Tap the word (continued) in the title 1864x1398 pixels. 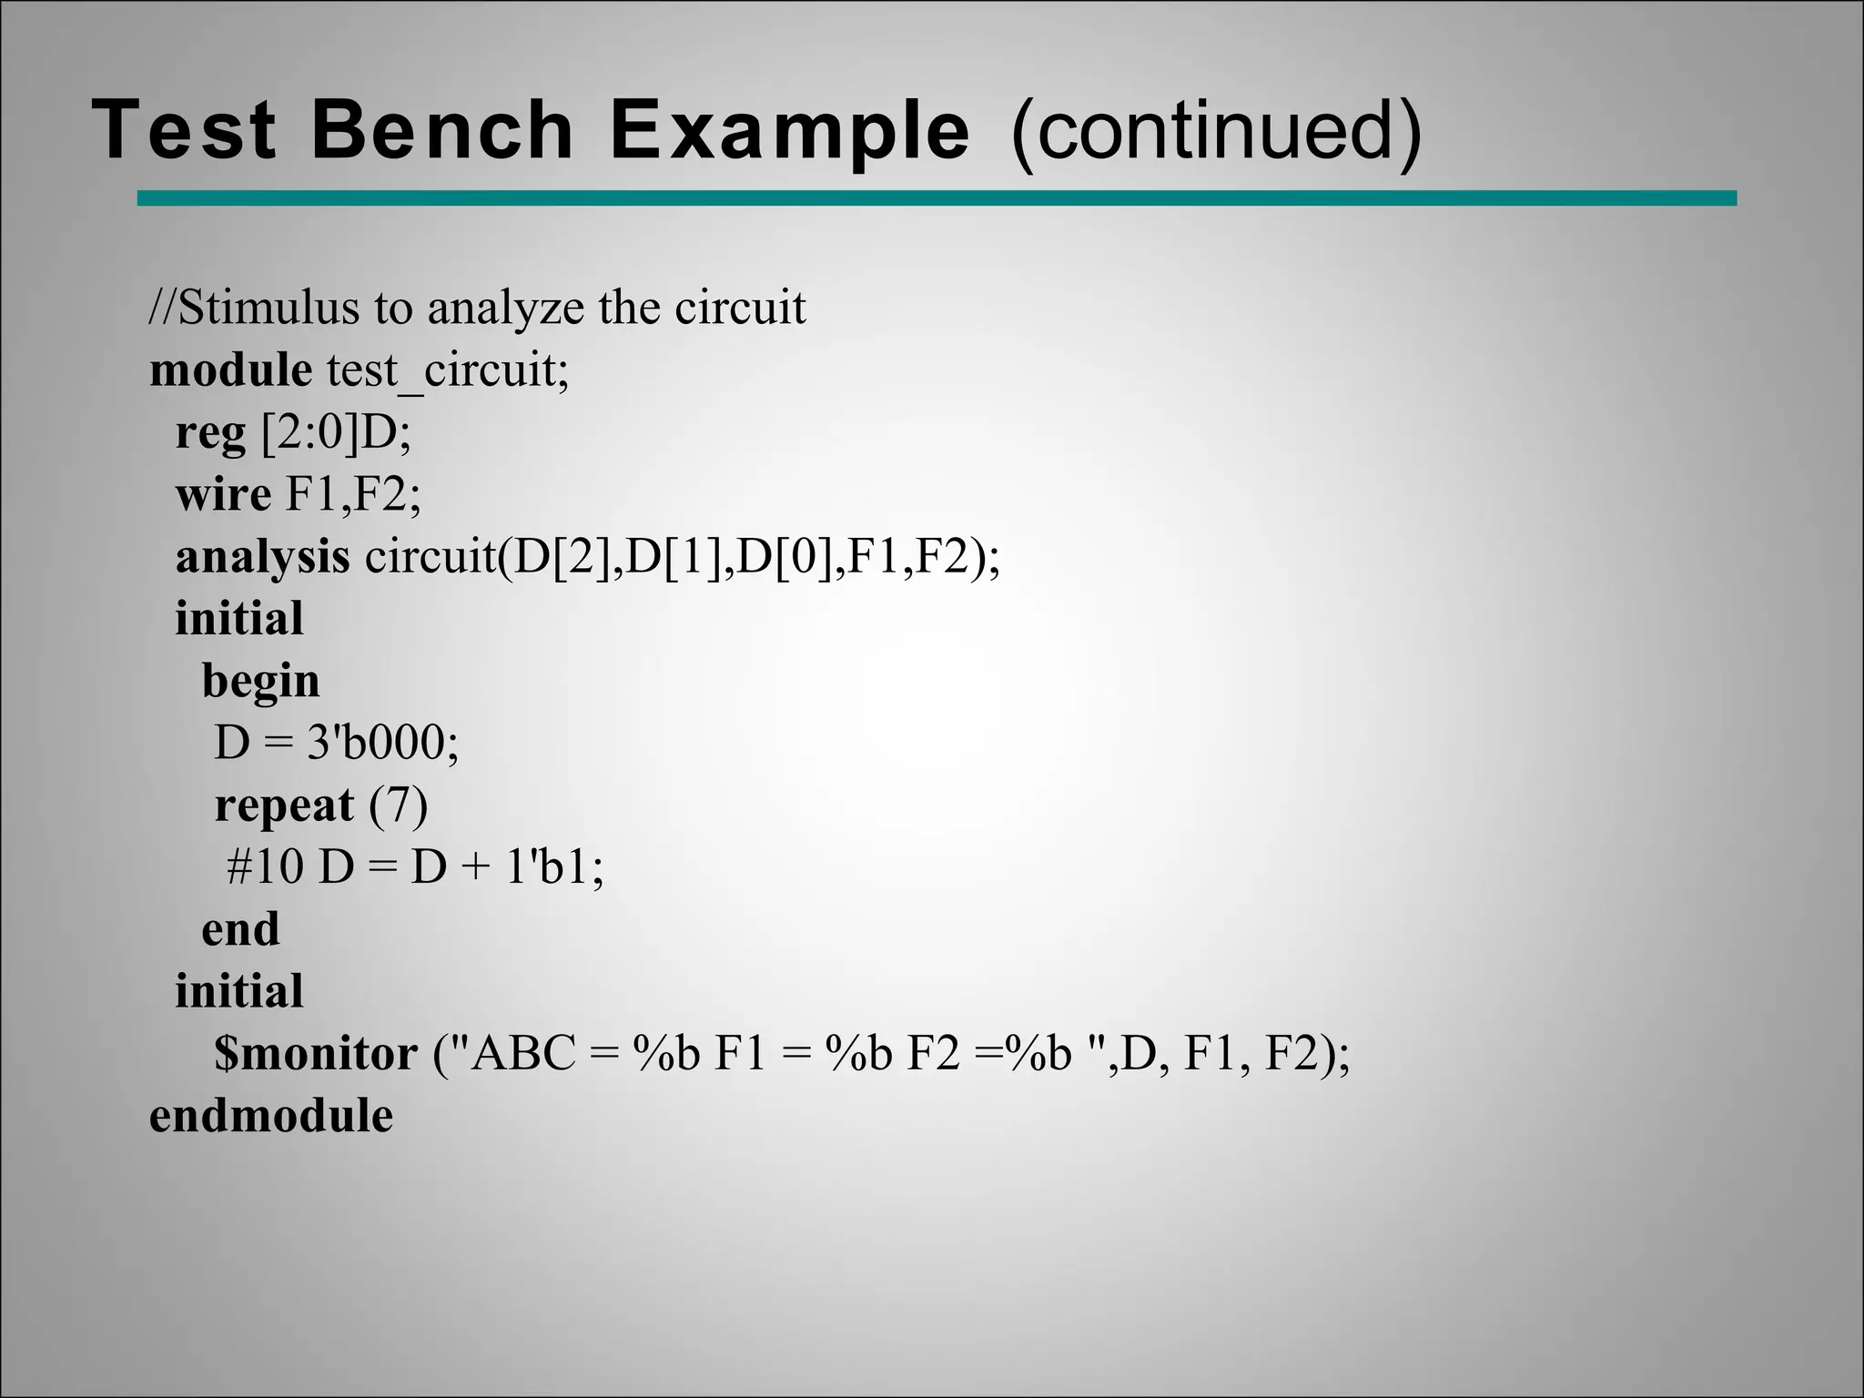[x=1215, y=132]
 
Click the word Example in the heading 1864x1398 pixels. [x=789, y=132]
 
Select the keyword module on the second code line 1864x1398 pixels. [x=231, y=370]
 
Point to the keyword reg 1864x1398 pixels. [x=210, y=434]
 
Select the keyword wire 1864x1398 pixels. [x=223, y=494]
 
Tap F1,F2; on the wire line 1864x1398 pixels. [x=353, y=494]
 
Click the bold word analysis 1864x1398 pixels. [x=262, y=557]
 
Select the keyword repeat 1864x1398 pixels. [x=284, y=805]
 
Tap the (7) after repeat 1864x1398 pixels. [x=398, y=805]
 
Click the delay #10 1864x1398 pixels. [x=264, y=866]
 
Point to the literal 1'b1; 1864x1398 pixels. [x=553, y=866]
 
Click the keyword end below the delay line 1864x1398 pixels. [x=240, y=929]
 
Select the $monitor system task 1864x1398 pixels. [x=316, y=1054]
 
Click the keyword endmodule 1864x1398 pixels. [x=271, y=1116]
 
